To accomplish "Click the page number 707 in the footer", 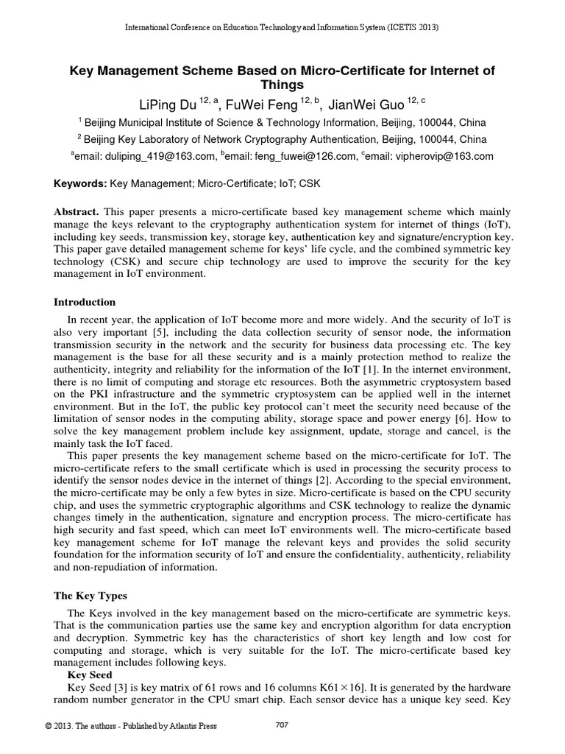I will coord(281,725).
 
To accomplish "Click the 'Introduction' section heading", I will coord(85,302).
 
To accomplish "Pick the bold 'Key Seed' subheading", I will coord(90,674).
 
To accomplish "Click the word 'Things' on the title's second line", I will coord(282,85).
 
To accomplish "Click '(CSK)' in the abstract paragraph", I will coord(118,262).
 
